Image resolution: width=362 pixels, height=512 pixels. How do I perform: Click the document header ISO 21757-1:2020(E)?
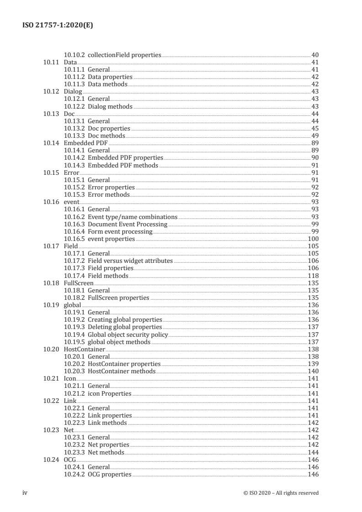coord(58,26)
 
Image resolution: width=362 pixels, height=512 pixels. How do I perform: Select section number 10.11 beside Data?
coord(51,62)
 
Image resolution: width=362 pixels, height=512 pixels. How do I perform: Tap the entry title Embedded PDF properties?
coord(125,158)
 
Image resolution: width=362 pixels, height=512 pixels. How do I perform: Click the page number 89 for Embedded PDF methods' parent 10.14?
coord(315,143)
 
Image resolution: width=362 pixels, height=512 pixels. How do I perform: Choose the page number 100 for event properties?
coord(313,239)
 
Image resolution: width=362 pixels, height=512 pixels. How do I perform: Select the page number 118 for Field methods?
coord(313,276)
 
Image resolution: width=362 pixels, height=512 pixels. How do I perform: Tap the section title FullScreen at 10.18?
coord(79,283)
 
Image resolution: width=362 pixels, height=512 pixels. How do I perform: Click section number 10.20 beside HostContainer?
coord(51,349)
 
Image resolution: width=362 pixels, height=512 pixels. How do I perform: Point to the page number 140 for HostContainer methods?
coord(313,371)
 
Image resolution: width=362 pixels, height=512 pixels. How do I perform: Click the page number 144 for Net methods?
coord(313,452)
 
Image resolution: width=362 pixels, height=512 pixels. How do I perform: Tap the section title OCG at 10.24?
coord(70,460)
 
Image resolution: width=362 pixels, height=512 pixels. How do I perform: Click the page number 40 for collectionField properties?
coord(315,55)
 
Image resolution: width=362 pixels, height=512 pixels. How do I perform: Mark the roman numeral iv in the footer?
coord(26,492)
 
